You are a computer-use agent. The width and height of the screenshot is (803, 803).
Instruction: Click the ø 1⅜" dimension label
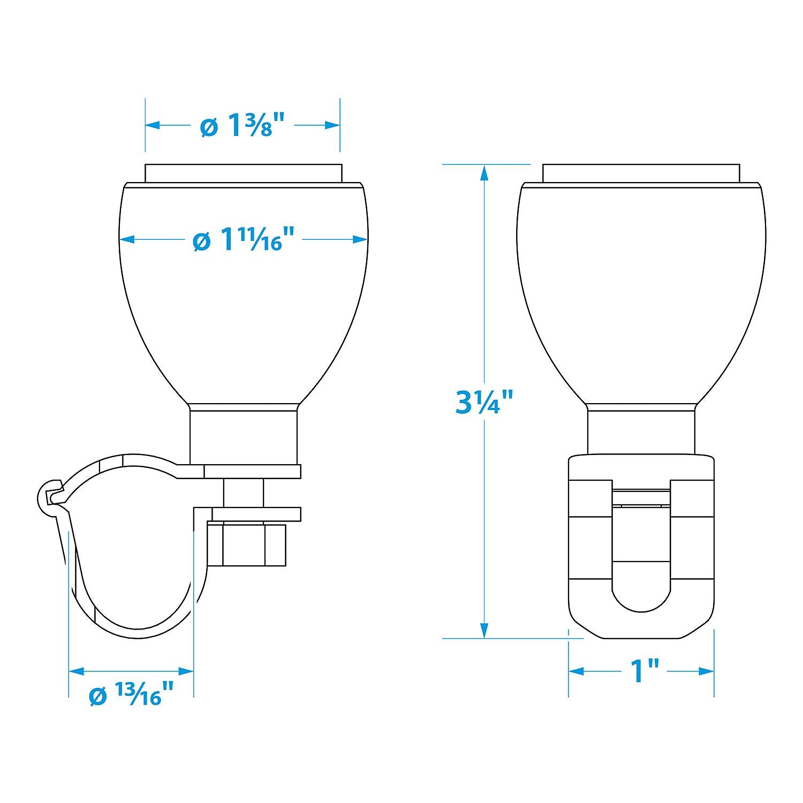point(242,126)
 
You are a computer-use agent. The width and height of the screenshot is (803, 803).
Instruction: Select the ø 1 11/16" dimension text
point(244,239)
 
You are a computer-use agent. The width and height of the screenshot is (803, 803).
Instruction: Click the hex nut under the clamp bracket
point(247,544)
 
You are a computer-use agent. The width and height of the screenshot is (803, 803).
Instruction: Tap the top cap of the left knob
point(244,173)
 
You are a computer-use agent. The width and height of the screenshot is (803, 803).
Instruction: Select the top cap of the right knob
point(641,173)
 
